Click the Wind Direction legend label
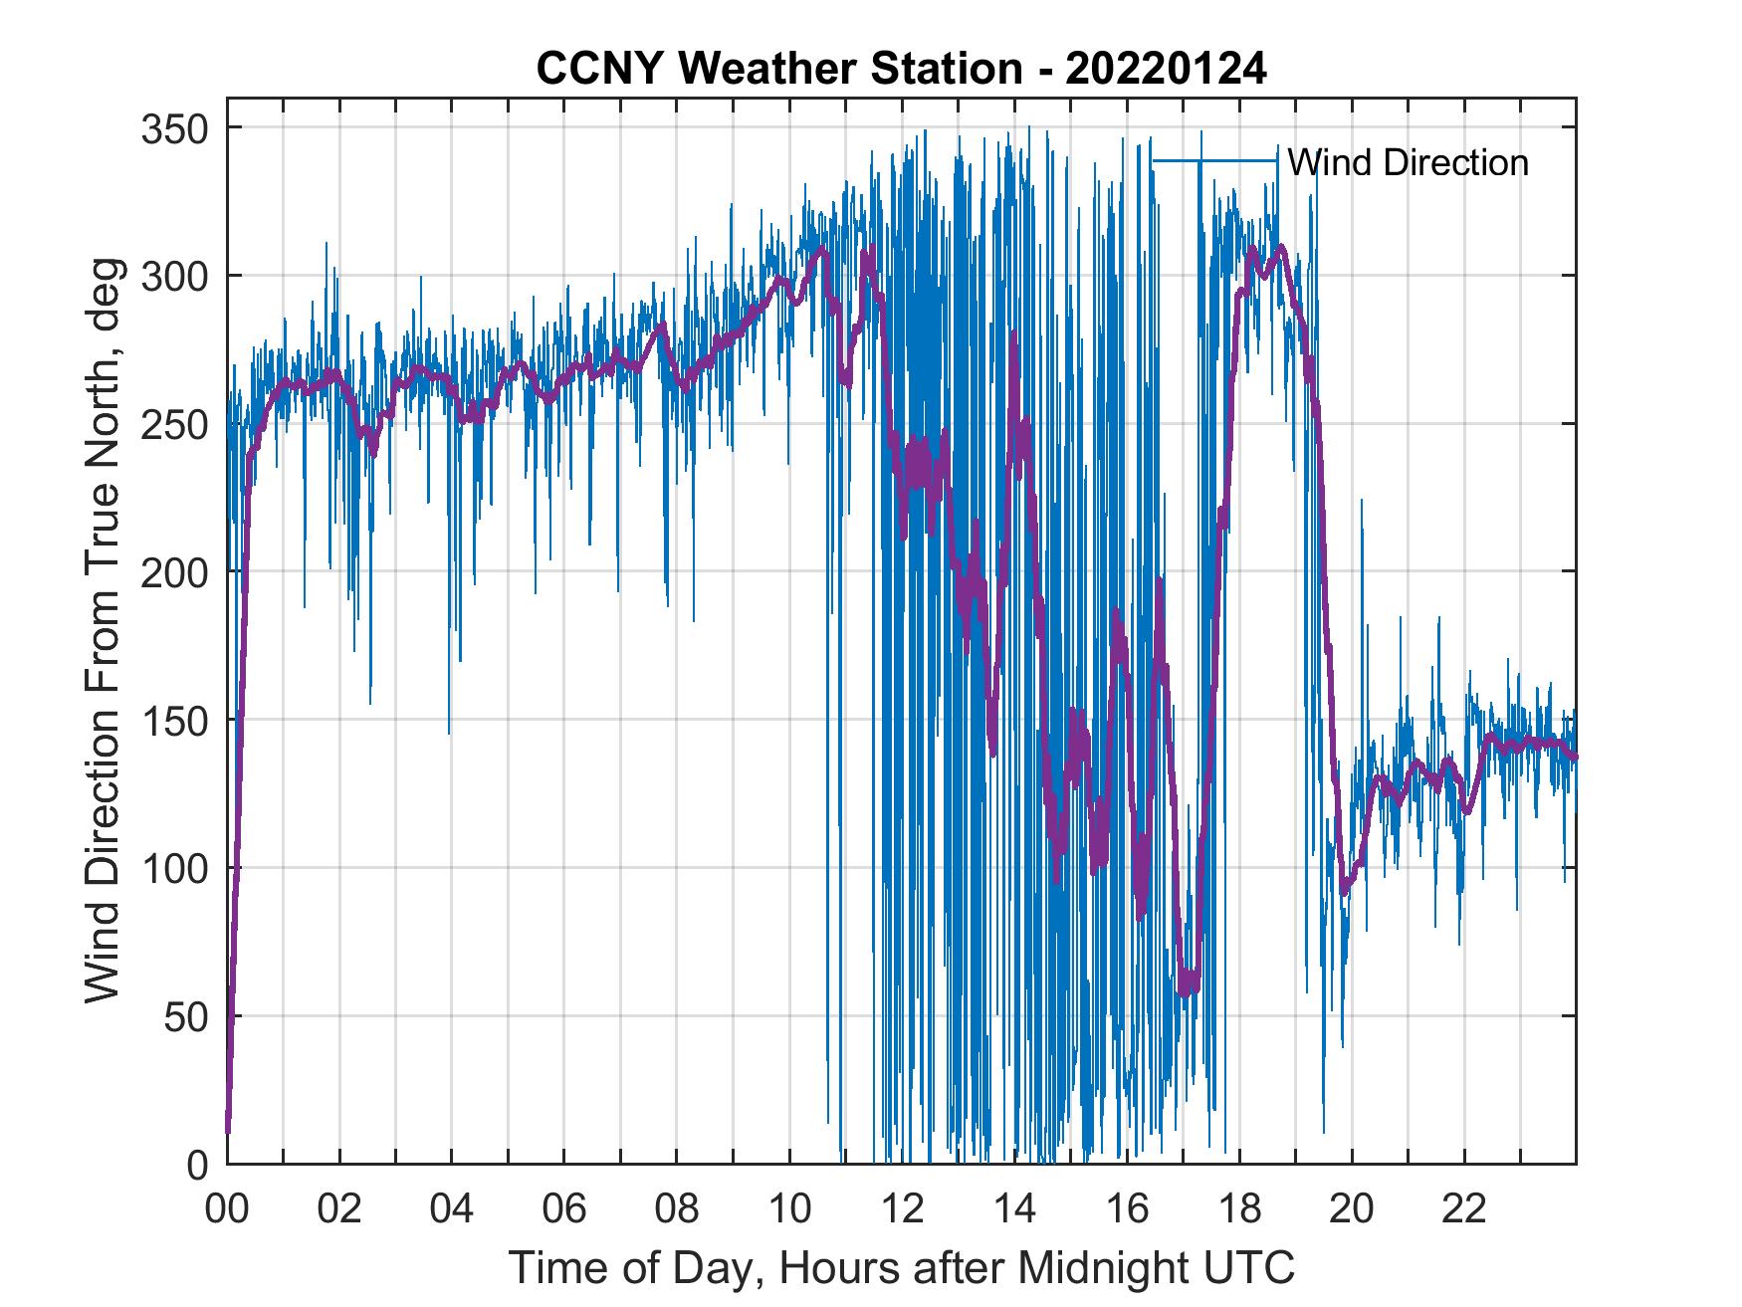click(x=1408, y=162)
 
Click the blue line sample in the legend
click(x=1214, y=161)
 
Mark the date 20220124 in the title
click(x=1166, y=70)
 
